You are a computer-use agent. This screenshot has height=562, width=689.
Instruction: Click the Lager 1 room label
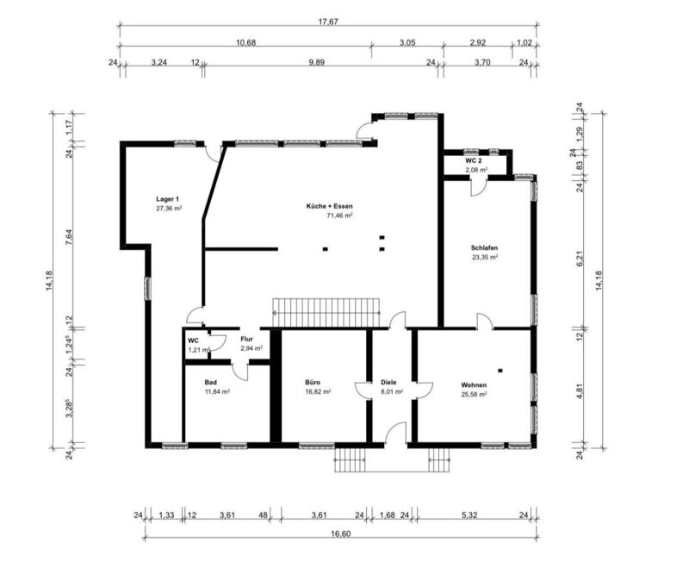click(167, 199)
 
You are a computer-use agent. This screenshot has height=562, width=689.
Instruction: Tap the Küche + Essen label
click(330, 206)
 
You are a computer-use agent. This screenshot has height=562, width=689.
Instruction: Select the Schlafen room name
click(484, 248)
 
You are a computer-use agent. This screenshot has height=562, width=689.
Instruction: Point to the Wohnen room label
click(474, 385)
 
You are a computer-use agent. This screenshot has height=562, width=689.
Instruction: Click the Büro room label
click(313, 382)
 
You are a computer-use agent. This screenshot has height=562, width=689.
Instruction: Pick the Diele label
click(388, 382)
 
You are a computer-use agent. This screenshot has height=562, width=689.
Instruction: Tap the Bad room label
click(210, 382)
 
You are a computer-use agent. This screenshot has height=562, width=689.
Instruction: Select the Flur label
click(246, 339)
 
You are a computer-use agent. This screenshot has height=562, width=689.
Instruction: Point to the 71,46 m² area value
click(339, 215)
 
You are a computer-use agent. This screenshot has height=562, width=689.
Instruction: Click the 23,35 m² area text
click(485, 257)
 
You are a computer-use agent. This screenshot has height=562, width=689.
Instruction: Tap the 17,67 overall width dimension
click(329, 22)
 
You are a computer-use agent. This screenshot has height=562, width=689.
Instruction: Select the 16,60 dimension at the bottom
click(340, 534)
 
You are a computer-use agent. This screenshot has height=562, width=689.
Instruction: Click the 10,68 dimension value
click(246, 42)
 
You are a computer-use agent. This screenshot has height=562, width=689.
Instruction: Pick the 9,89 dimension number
click(316, 62)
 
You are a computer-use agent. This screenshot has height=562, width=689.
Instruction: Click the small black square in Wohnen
click(500, 371)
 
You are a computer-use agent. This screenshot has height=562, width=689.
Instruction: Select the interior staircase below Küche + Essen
click(326, 313)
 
